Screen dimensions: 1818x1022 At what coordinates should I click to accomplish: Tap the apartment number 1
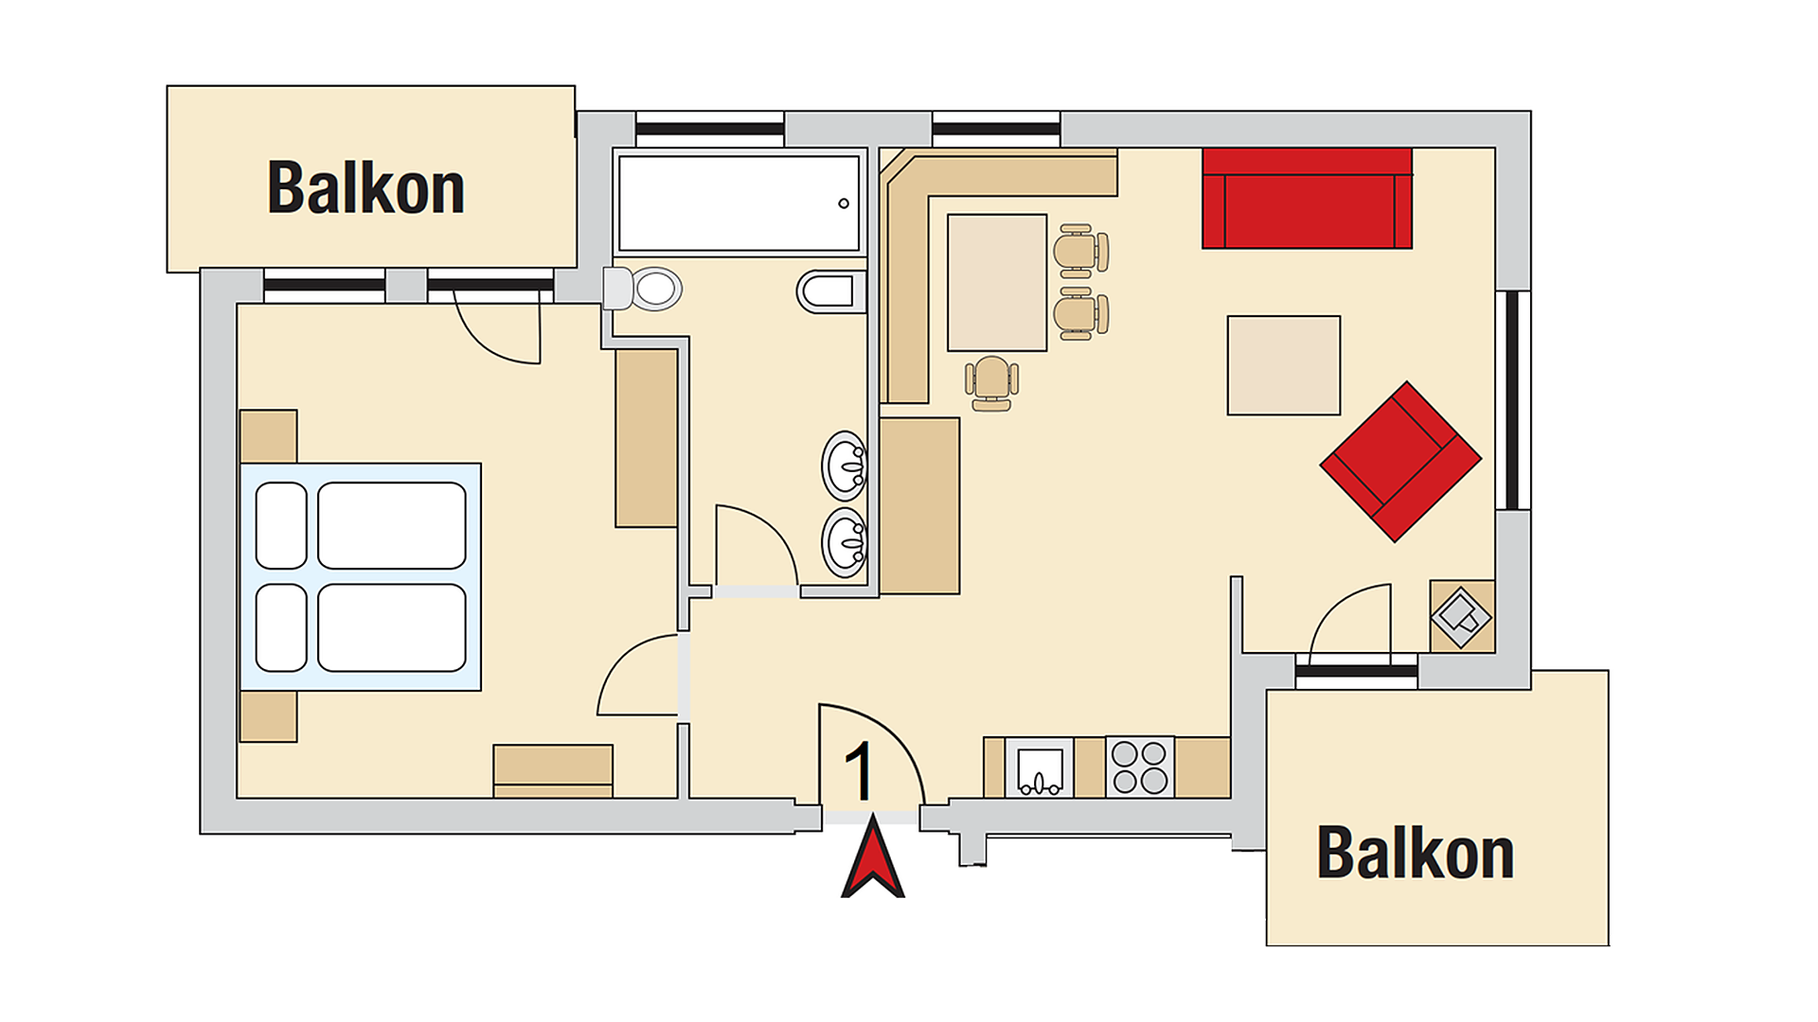[x=859, y=771]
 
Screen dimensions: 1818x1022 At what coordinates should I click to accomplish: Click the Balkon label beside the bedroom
[x=366, y=187]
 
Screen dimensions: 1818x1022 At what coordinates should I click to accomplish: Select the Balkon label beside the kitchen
[x=1416, y=853]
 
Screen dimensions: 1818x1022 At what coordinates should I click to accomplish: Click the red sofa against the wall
[x=1307, y=198]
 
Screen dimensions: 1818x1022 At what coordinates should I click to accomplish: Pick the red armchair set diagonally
[x=1400, y=462]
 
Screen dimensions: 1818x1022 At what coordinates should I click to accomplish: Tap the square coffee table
[x=1284, y=365]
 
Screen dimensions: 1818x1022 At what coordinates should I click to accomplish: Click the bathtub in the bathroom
[x=739, y=203]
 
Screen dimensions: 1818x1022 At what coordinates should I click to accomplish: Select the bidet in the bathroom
[x=831, y=291]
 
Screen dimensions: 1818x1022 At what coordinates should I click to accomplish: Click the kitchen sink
[x=1039, y=767]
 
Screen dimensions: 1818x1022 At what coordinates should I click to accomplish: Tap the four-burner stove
[x=1140, y=767]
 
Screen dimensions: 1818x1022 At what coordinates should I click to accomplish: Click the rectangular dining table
[x=997, y=282]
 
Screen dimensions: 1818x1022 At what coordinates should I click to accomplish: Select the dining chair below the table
[x=991, y=383]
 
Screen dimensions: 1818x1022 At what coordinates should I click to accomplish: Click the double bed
[x=361, y=577]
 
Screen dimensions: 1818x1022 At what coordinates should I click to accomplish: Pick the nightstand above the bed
[x=269, y=436]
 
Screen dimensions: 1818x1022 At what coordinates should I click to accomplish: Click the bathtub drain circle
[x=844, y=203]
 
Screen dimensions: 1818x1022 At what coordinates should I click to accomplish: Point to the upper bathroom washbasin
[x=844, y=466]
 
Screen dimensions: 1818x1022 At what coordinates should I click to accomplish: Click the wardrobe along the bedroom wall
[x=647, y=438]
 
